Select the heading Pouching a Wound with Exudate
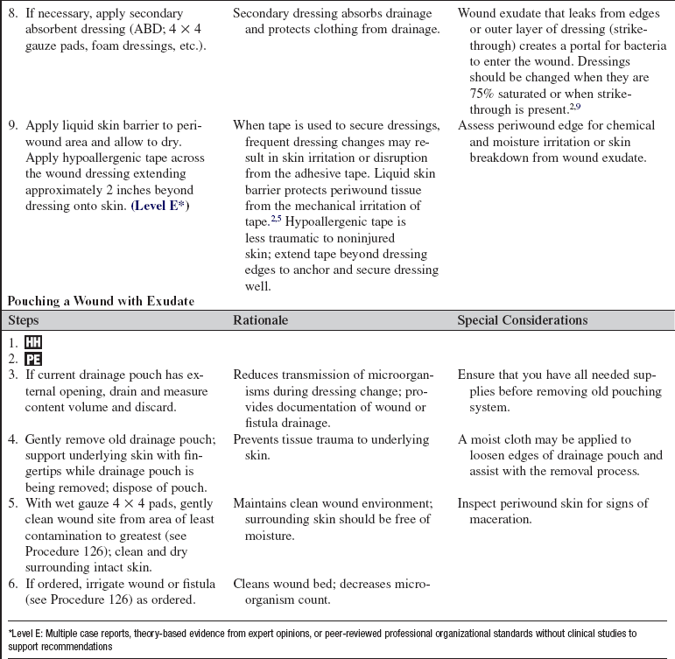tap(101, 301)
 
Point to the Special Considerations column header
tap(522, 320)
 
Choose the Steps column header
tap(25, 320)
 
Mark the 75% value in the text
tap(472, 94)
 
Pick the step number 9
tap(12, 126)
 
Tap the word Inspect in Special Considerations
tap(477, 503)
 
